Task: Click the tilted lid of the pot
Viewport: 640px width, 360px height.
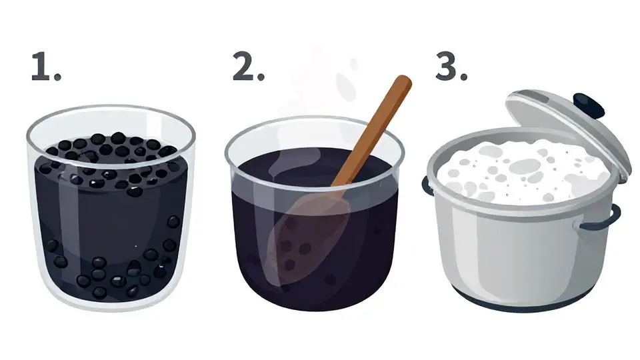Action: (567, 131)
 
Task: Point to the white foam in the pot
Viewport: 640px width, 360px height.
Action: (523, 171)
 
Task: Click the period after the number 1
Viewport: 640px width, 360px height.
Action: (57, 77)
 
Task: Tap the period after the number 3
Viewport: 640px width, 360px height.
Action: (463, 76)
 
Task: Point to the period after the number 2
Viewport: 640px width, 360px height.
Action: (261, 76)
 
